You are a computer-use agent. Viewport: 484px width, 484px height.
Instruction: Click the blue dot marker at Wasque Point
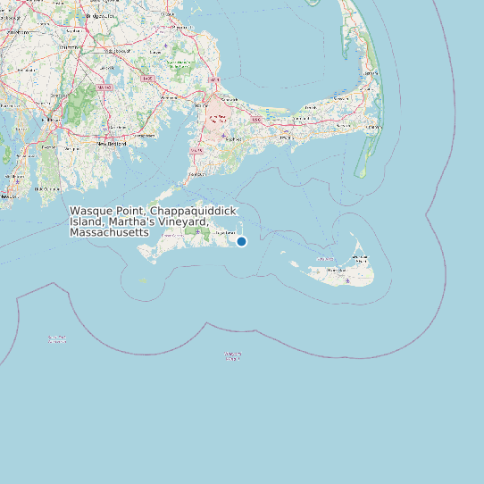(241, 241)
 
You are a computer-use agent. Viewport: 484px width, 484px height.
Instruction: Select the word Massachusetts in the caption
(108, 232)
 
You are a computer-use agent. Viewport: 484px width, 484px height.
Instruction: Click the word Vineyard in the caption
(182, 221)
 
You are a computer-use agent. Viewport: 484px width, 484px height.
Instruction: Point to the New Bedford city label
(113, 143)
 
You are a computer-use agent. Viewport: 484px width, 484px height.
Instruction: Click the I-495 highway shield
(147, 79)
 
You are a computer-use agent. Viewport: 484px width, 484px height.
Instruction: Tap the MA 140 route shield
(105, 87)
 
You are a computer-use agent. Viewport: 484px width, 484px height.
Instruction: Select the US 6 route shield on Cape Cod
(256, 118)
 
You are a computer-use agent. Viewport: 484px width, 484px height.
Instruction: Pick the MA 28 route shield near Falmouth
(196, 151)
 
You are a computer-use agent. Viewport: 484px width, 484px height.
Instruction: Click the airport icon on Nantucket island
(346, 280)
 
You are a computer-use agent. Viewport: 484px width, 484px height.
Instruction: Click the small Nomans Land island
(144, 280)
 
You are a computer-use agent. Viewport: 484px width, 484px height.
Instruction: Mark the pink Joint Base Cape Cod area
(217, 123)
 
